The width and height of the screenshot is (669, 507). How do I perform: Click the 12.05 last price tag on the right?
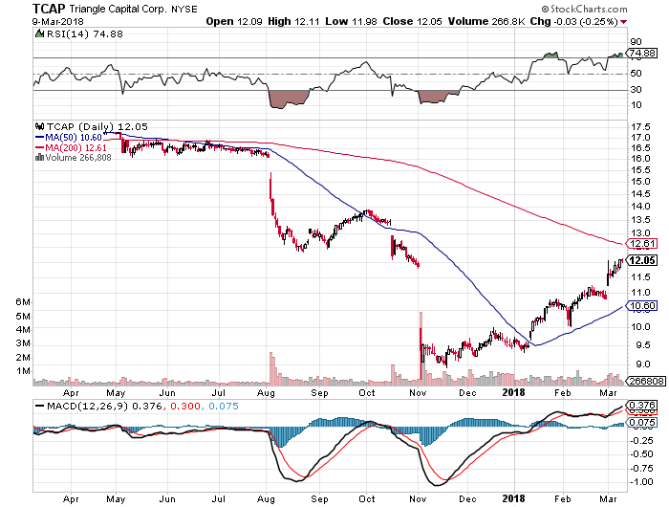pos(639,259)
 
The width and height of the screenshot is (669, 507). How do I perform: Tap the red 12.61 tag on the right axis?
pos(639,244)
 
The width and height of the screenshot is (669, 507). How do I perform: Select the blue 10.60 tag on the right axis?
pos(639,305)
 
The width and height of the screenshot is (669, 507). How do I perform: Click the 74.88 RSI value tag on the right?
pos(639,55)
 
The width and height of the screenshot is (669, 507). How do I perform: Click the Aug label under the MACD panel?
pos(268,498)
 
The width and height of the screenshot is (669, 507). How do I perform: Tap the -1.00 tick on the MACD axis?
pos(637,481)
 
